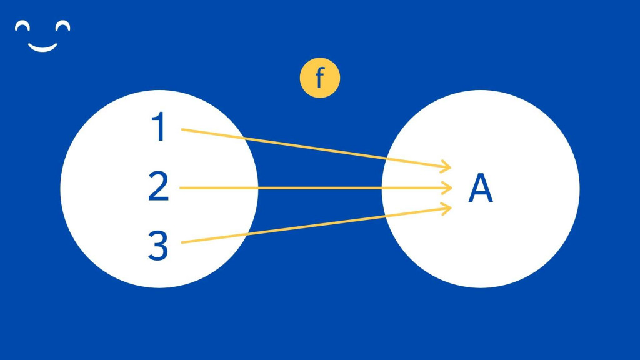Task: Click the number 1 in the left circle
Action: pos(160,127)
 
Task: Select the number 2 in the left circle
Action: pos(159,187)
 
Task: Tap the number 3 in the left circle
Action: pos(158,246)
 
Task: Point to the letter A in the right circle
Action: pos(481,189)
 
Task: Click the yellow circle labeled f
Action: pos(319,79)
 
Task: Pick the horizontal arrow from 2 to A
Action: pos(312,187)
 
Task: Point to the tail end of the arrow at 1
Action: pos(183,129)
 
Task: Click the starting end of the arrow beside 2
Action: pos(181,187)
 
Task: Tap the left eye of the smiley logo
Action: pos(23,26)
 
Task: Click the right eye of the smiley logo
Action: pos(62,26)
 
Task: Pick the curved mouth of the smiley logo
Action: pos(43,47)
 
